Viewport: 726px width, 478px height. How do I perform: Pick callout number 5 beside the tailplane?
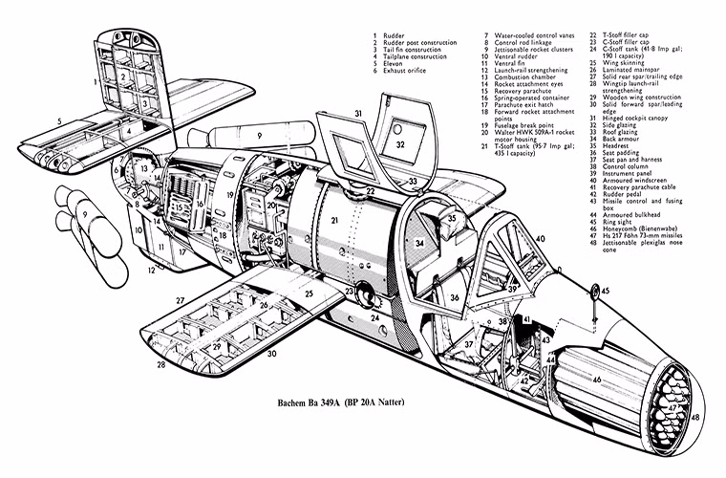pos(59,121)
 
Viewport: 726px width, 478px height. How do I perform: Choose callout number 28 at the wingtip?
pos(160,364)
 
